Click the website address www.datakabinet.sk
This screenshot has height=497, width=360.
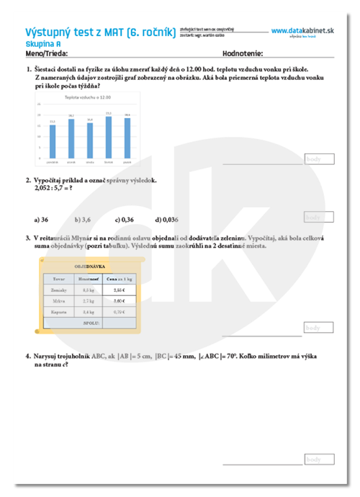303,31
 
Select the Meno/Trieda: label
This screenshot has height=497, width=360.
48,53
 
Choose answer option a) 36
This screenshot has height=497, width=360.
41,220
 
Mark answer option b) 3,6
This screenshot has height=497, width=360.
83,220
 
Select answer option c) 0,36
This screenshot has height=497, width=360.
124,220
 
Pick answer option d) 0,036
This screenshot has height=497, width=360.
166,220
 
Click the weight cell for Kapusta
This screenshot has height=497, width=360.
89,312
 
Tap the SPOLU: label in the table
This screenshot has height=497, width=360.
91,323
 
